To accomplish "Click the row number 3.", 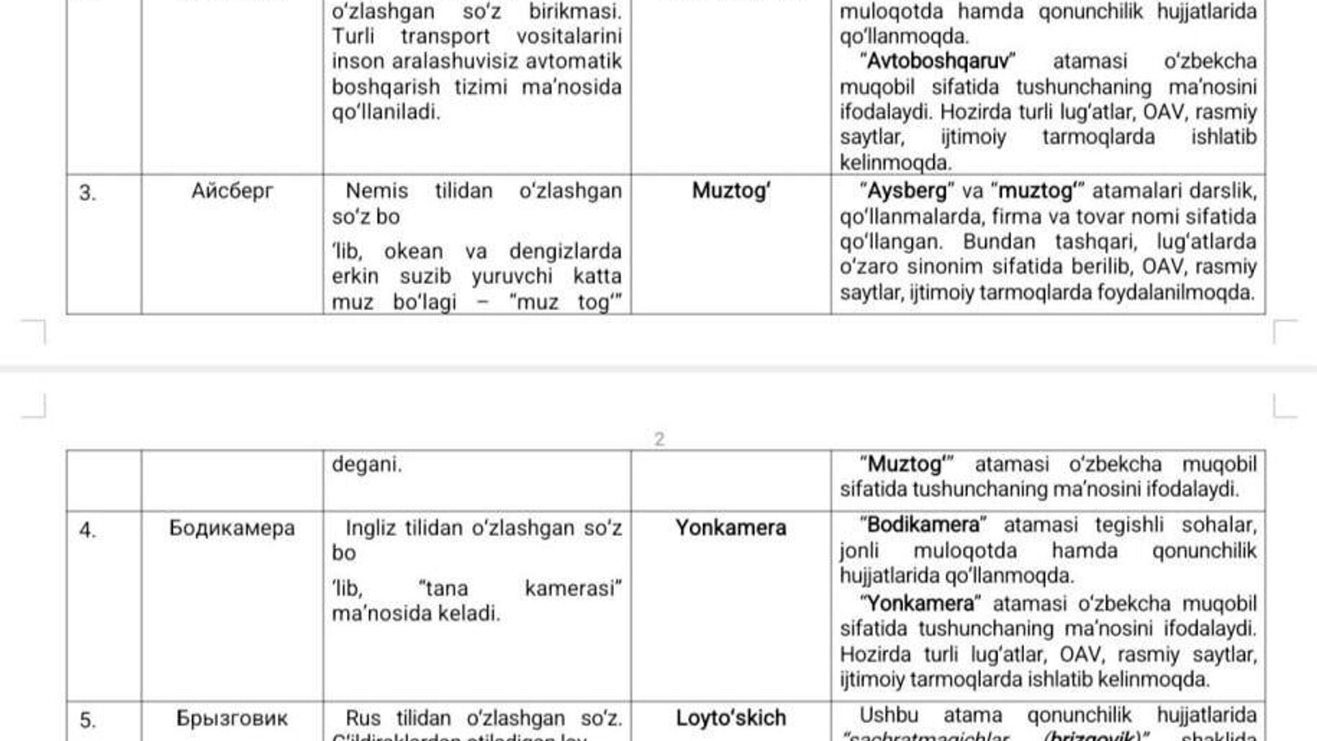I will point(87,193).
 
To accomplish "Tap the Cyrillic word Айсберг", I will point(232,191).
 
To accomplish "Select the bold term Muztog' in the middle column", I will point(731,191).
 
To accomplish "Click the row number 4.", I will point(87,530).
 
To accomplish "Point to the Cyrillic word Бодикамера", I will point(232,528).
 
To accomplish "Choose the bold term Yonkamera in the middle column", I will point(731,528).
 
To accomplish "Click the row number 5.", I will point(87,720).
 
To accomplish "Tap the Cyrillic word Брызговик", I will point(232,718).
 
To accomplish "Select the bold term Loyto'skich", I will point(731,718).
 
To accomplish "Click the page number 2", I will point(659,439).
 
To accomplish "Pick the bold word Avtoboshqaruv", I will point(938,61).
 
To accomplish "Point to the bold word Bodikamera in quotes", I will point(923,525).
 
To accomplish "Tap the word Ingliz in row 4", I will point(371,528).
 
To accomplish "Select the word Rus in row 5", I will point(363,718).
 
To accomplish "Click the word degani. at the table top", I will point(367,464).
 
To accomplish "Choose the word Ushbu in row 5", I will point(889,715).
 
